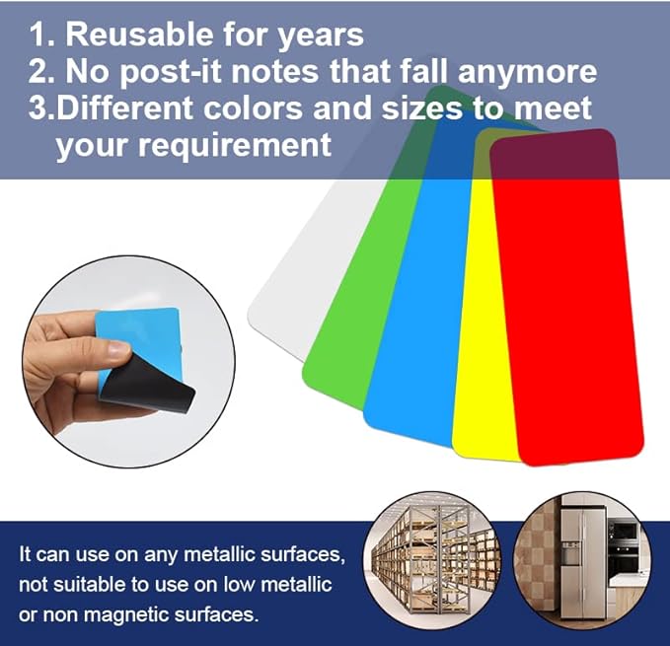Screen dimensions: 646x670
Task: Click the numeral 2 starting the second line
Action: click(37, 71)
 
